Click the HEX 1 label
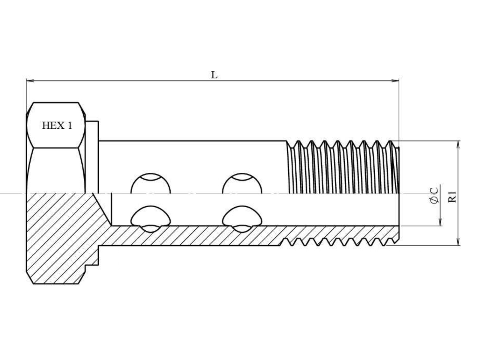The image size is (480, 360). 57,125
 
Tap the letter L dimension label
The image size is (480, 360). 214,75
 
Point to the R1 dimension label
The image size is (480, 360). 452,197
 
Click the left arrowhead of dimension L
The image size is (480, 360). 30,81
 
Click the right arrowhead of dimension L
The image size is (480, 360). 395,81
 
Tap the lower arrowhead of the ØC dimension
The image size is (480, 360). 440,222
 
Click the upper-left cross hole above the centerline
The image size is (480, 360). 151,183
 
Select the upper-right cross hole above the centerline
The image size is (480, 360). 242,183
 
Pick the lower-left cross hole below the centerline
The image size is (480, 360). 151,219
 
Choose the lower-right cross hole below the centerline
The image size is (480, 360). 242,219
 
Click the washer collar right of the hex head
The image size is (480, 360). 92,157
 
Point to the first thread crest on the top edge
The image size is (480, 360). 298,141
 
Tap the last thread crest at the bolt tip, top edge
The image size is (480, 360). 390,141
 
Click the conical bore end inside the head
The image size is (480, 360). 102,209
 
